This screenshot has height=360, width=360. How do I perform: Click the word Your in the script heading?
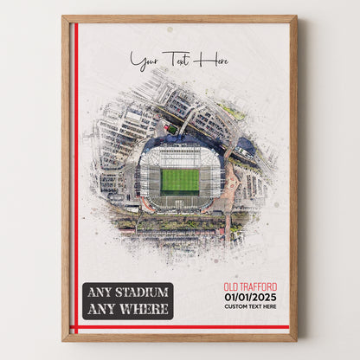(144, 61)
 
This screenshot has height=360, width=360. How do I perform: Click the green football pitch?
(180, 180)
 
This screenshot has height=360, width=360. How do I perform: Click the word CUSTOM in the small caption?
(234, 306)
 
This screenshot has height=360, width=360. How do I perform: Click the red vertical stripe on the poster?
(76, 173)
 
